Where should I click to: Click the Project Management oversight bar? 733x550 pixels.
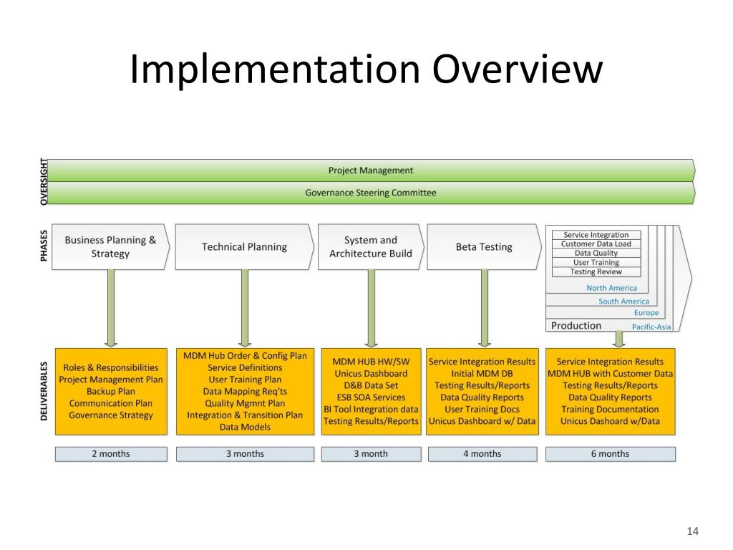pyautogui.click(x=371, y=170)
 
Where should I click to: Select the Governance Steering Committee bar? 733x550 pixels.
pyautogui.click(x=371, y=193)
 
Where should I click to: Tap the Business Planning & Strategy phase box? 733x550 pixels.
pyautogui.click(x=110, y=247)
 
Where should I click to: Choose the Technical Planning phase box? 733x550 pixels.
pyautogui.click(x=244, y=247)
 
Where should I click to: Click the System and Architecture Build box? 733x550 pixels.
pyautogui.click(x=370, y=247)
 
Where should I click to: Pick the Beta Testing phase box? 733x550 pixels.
pyautogui.click(x=484, y=247)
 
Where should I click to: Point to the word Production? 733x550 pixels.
pyautogui.click(x=576, y=326)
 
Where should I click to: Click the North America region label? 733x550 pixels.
pyautogui.click(x=611, y=288)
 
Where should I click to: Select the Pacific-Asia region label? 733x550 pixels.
pyautogui.click(x=651, y=327)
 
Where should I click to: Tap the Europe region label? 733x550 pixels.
pyautogui.click(x=646, y=313)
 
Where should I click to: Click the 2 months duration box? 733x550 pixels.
pyautogui.click(x=111, y=454)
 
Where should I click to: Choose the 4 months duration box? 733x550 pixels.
pyautogui.click(x=482, y=454)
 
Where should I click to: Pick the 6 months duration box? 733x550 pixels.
pyautogui.click(x=610, y=454)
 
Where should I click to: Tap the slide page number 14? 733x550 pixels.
pyautogui.click(x=691, y=531)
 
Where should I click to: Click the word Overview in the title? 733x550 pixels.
pyautogui.click(x=517, y=69)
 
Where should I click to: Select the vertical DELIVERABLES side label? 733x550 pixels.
pyautogui.click(x=44, y=391)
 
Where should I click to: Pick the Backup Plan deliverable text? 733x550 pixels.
pyautogui.click(x=111, y=392)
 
